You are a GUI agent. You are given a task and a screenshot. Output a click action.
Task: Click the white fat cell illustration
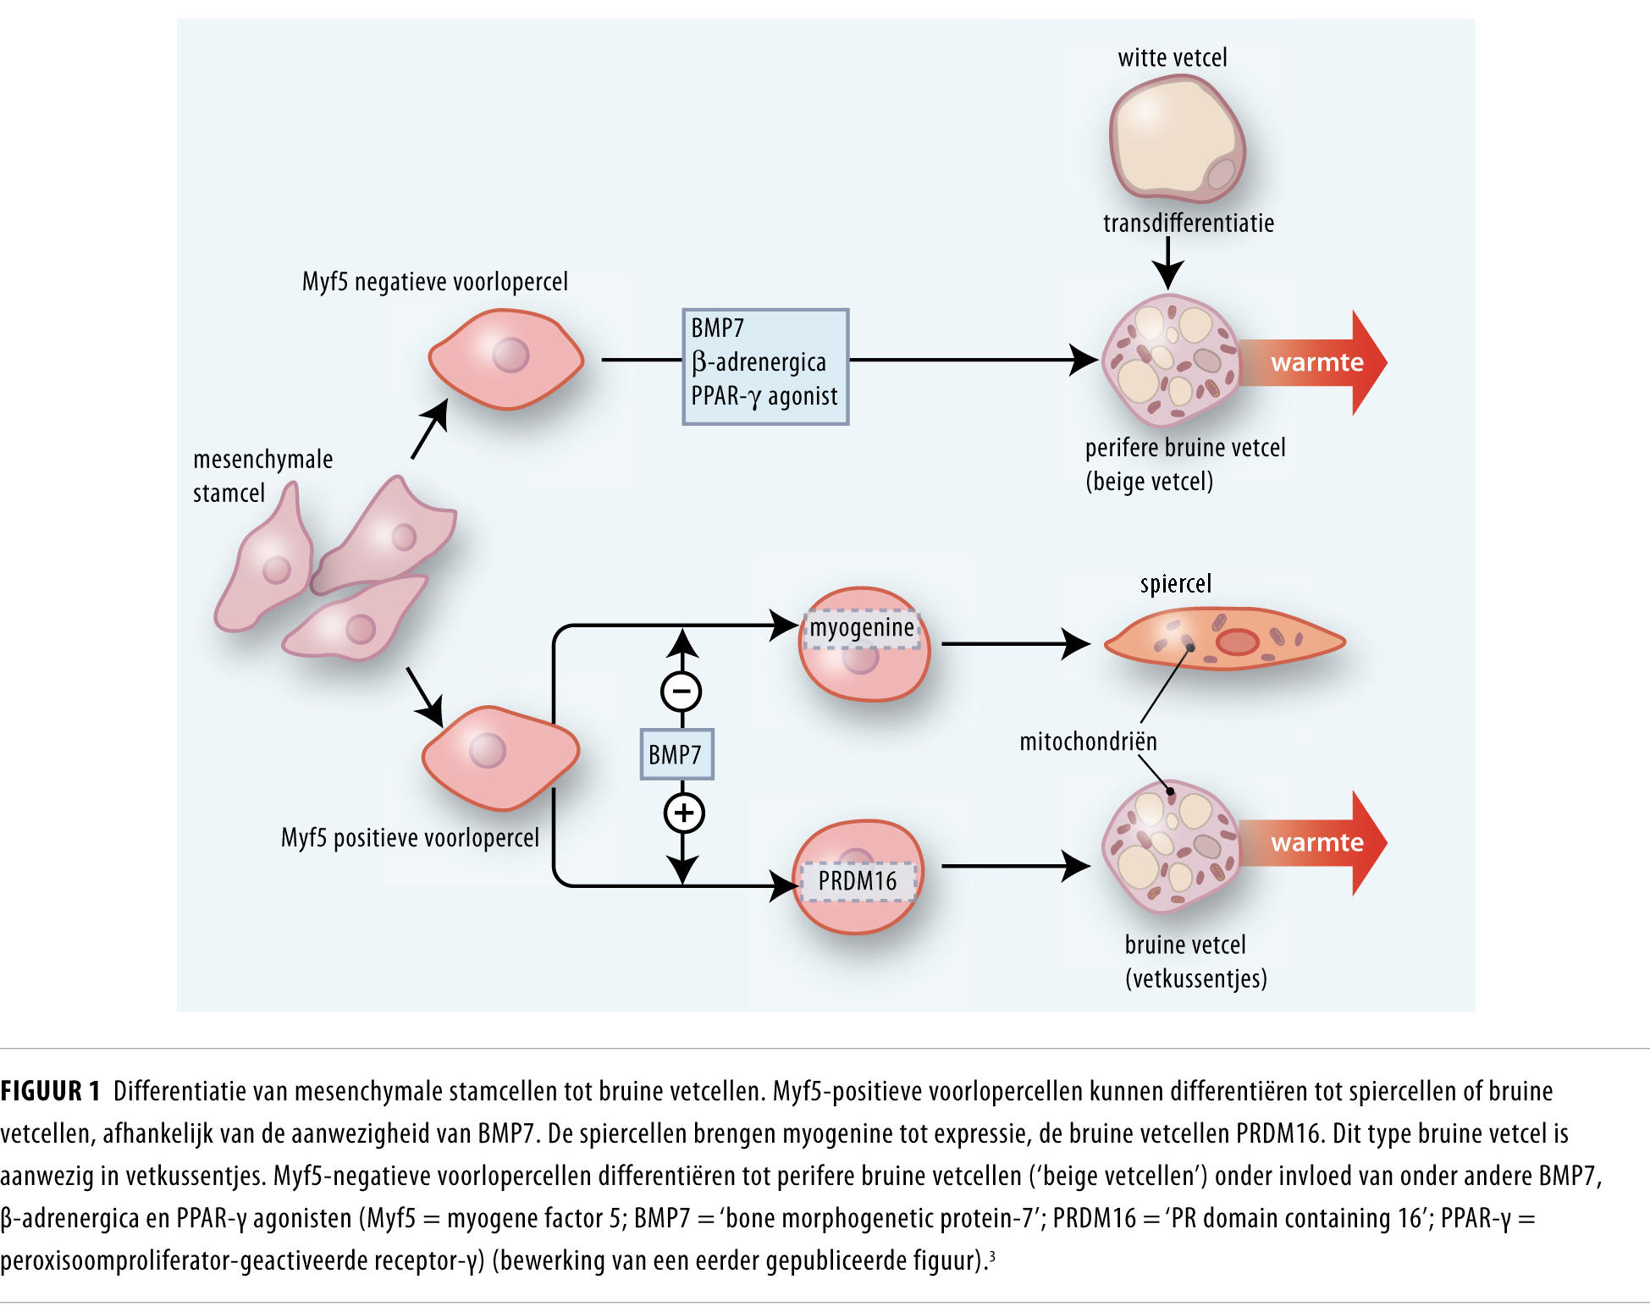pyautogui.click(x=1177, y=139)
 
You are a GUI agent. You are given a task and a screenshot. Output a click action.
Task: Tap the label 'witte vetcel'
pyautogui.click(x=1172, y=58)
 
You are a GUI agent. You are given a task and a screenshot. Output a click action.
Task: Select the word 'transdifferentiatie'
pyautogui.click(x=1188, y=223)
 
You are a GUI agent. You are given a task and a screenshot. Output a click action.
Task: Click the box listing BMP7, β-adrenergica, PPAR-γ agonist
pyautogui.click(x=765, y=366)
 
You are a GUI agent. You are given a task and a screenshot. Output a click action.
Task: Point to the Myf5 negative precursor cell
pyautogui.click(x=506, y=359)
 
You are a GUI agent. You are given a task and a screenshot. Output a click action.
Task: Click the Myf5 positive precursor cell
pyautogui.click(x=499, y=756)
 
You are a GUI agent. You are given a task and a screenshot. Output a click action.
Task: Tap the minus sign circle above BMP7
pyautogui.click(x=682, y=692)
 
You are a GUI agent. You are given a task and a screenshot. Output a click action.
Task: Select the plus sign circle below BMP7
pyautogui.click(x=683, y=813)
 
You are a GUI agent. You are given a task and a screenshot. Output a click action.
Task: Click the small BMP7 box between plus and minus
pyautogui.click(x=676, y=753)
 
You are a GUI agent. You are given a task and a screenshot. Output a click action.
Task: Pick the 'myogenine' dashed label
pyautogui.click(x=862, y=628)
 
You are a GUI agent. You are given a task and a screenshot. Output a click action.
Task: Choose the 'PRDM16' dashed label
pyautogui.click(x=858, y=880)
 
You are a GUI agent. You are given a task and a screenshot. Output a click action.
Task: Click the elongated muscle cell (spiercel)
pyautogui.click(x=1224, y=640)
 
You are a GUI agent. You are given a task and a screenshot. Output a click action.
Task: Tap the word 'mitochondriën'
pyautogui.click(x=1088, y=741)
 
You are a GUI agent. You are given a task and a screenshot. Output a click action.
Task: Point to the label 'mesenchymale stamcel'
pyautogui.click(x=262, y=476)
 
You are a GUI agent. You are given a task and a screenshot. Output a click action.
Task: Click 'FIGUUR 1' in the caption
pyautogui.click(x=51, y=1091)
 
